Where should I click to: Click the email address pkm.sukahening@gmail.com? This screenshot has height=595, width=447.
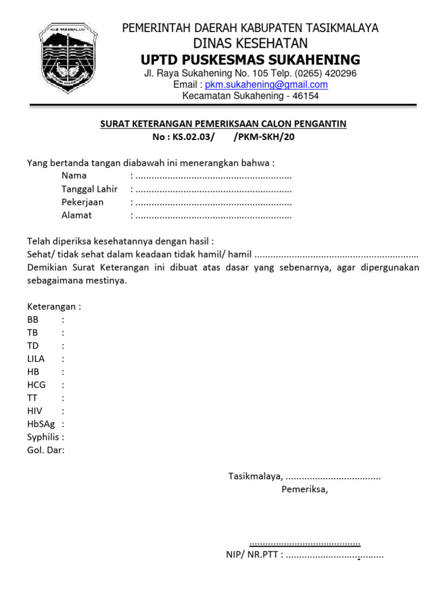tap(267, 85)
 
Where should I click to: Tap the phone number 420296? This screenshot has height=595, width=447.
tap(338, 73)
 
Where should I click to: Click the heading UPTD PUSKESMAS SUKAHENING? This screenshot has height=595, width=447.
tap(250, 60)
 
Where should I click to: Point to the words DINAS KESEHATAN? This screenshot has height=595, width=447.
tap(250, 44)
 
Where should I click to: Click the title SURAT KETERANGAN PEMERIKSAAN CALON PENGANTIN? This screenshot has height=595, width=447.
tap(223, 124)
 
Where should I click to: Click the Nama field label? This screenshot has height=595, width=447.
tap(74, 175)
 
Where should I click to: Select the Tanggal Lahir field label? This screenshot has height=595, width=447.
tap(89, 189)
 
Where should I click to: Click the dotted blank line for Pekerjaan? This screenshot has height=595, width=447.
tap(213, 202)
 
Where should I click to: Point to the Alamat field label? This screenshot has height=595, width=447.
tap(77, 215)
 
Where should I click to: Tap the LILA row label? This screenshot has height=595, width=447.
tap(36, 359)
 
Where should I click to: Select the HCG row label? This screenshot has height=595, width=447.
tap(36, 385)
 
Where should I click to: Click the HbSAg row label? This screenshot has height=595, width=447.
tap(41, 424)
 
